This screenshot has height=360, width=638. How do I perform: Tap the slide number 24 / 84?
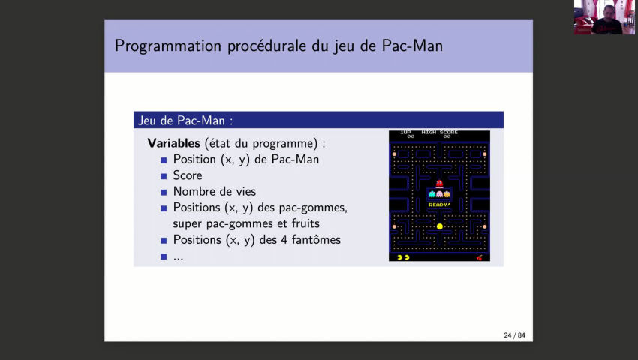tap(514, 334)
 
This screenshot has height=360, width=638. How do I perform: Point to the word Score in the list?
tap(188, 175)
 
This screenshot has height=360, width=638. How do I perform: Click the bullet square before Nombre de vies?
tap(164, 192)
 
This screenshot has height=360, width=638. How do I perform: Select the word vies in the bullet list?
tap(244, 191)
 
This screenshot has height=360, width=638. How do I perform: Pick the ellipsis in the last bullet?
tap(179, 256)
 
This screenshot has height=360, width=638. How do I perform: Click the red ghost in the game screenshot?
tap(439, 183)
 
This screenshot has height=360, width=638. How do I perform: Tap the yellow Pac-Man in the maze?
tap(440, 226)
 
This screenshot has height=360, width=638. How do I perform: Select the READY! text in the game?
tap(439, 204)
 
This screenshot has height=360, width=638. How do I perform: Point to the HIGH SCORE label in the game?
tap(439, 133)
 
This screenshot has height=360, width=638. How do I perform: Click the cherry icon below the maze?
tap(480, 257)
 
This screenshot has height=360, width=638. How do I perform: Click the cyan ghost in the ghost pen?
tap(432, 194)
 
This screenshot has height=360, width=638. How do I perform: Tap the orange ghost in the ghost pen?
tap(447, 194)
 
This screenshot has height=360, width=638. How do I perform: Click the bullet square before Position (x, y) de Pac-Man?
tap(164, 160)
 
